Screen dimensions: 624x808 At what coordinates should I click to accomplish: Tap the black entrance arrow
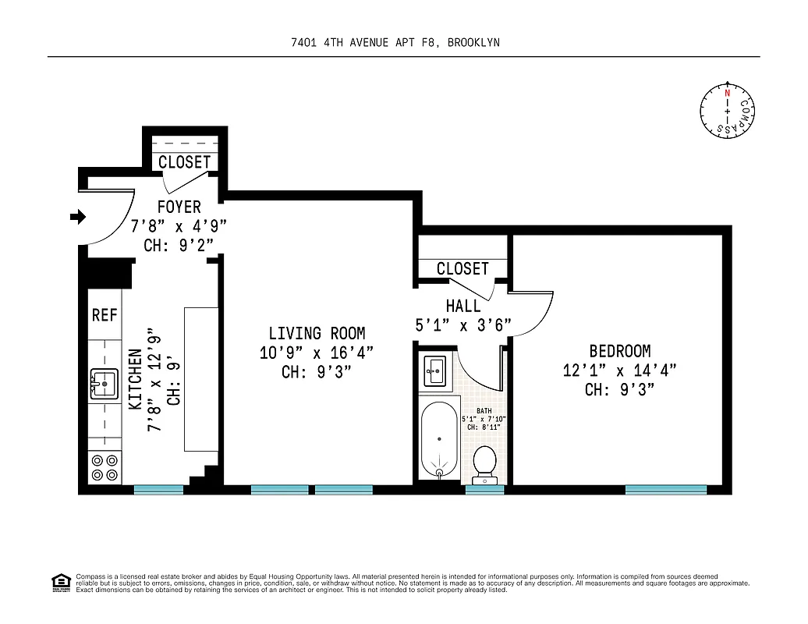(78, 217)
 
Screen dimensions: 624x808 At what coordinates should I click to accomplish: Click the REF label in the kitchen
(105, 314)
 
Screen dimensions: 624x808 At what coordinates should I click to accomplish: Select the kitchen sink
(103, 385)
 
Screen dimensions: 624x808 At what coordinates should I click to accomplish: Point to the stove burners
(105, 467)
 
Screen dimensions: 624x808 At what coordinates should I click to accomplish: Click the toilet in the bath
(485, 463)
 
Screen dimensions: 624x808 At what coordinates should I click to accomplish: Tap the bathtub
(439, 441)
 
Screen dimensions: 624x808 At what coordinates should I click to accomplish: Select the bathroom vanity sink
(435, 370)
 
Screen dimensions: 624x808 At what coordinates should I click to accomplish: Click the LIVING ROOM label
(317, 333)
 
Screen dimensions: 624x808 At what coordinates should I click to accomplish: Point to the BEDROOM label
(620, 351)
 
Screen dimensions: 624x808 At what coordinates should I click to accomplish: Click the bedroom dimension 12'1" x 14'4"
(619, 370)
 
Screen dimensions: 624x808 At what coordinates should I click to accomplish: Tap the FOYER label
(179, 207)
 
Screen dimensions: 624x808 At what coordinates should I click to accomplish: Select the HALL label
(463, 307)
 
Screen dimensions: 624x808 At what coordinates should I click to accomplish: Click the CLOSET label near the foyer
(184, 162)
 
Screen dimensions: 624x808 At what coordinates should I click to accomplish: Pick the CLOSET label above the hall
(462, 268)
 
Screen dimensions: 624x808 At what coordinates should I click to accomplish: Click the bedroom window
(665, 490)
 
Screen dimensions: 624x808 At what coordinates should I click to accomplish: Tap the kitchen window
(158, 490)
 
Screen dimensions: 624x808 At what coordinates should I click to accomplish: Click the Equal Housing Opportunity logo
(60, 583)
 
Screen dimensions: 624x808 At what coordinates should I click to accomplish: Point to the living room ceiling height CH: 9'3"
(317, 372)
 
